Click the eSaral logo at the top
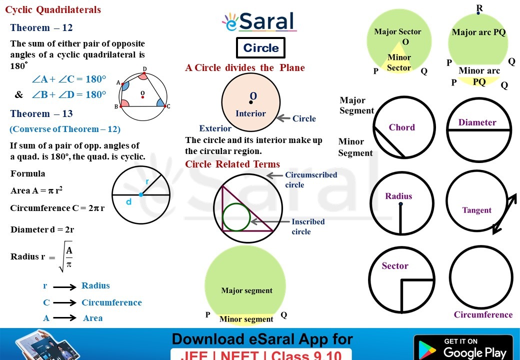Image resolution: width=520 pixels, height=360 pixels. (x=259, y=22)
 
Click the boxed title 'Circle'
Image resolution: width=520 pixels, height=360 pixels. (x=260, y=48)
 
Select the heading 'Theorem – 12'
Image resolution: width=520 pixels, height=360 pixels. (x=41, y=28)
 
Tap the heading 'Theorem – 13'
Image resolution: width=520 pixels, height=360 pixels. (x=41, y=114)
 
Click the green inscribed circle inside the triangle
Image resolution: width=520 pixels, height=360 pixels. (x=236, y=217)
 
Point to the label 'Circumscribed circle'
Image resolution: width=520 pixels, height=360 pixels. (x=311, y=179)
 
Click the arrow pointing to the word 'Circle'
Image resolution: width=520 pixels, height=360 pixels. (x=283, y=118)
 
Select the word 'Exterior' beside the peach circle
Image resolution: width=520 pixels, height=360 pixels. (x=215, y=128)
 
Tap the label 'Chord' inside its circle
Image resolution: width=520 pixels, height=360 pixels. (x=402, y=127)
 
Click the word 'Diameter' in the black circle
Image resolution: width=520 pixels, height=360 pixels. (x=477, y=122)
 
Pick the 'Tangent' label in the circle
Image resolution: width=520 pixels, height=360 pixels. (x=476, y=210)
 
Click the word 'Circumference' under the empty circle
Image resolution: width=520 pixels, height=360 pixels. (x=483, y=314)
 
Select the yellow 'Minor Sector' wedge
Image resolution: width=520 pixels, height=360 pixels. (x=398, y=63)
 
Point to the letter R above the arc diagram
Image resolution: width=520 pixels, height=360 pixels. (x=479, y=7)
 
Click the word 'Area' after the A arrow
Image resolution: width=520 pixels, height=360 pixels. (x=92, y=318)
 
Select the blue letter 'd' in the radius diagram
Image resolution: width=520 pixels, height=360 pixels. (x=128, y=202)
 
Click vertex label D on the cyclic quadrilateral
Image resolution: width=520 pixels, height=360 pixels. (x=144, y=69)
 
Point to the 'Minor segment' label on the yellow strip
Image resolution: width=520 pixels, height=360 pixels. (x=246, y=319)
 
